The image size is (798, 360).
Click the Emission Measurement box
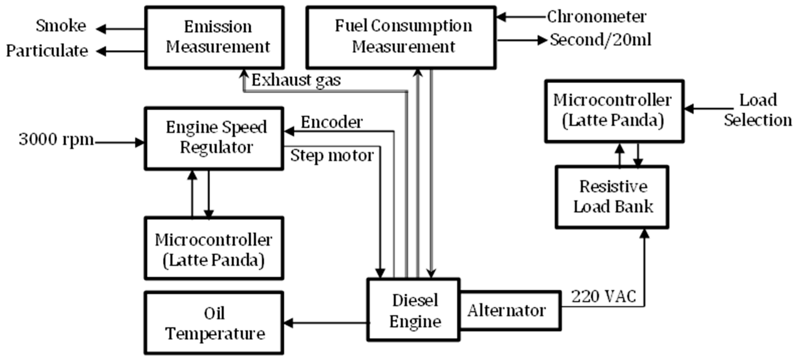(214, 37)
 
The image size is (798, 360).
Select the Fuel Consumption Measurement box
(401, 37)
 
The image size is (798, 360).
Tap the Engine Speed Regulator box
(214, 138)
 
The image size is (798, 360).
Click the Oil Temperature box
(214, 323)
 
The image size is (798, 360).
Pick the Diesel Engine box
(413, 310)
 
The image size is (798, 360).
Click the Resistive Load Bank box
(612, 197)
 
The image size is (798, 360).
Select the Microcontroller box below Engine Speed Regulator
(214, 248)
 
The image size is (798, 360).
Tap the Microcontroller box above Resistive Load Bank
(614, 111)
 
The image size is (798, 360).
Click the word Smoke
(61, 26)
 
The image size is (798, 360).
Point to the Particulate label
(47, 51)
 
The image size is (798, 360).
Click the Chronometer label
(596, 17)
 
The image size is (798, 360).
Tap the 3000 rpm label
(56, 140)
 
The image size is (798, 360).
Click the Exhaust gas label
(296, 80)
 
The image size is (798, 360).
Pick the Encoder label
(332, 122)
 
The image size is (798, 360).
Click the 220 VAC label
(603, 296)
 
